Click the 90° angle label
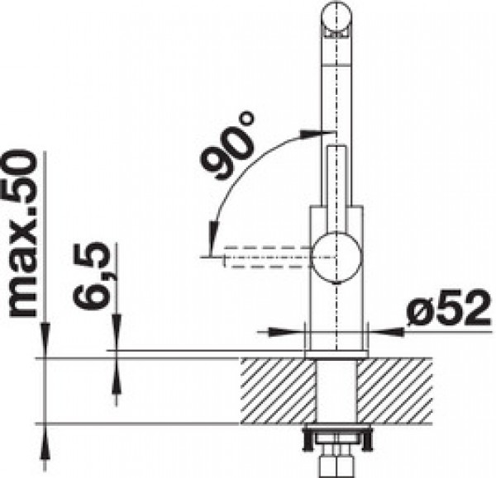(x=227, y=145)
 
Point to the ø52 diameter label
(x=450, y=308)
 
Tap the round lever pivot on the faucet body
(x=336, y=257)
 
